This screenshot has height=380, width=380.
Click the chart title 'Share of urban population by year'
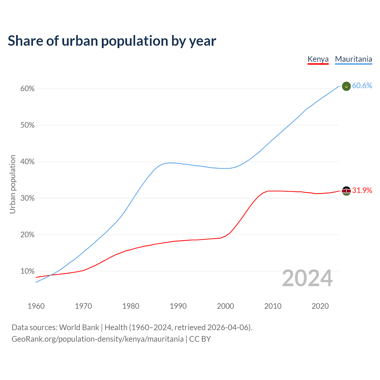tap(112, 41)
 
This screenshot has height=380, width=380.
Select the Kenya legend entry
tap(318, 59)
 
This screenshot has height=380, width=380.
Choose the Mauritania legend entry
tap(353, 59)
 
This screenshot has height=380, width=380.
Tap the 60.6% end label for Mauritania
tap(362, 86)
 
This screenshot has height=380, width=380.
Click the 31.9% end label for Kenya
tap(362, 191)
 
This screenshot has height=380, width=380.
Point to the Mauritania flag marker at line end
tap(346, 86)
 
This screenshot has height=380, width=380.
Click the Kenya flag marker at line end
tap(346, 191)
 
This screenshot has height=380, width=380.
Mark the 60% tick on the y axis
tap(28, 89)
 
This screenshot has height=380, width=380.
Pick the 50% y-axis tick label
tap(28, 125)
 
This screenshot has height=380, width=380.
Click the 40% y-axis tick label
tap(28, 162)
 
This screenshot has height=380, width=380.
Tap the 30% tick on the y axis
tap(28, 198)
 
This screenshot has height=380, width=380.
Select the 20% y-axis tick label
tap(28, 235)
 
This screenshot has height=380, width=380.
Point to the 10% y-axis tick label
tap(28, 271)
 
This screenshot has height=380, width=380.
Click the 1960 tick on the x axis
tap(36, 306)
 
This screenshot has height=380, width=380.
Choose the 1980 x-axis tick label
tap(131, 306)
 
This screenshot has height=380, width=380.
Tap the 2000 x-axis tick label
tap(226, 306)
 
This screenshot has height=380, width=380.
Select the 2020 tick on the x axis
tap(320, 306)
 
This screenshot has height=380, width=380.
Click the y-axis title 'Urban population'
tap(12, 184)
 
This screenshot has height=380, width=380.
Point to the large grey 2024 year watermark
tap(307, 278)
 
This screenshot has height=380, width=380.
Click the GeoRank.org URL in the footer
tap(98, 339)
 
